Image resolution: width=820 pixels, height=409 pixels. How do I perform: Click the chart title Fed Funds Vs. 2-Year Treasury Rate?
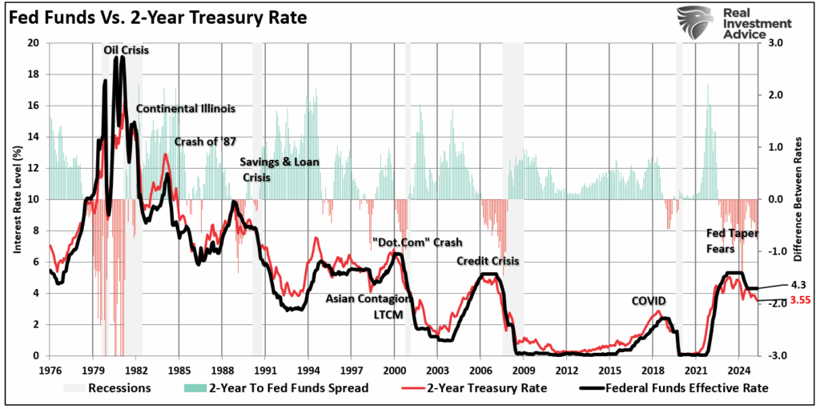[x=158, y=17]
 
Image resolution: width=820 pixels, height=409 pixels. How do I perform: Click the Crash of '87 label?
[x=205, y=141]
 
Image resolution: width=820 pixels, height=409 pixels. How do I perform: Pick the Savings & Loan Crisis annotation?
[x=279, y=168]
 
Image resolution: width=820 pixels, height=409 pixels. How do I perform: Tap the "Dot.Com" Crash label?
[x=417, y=243]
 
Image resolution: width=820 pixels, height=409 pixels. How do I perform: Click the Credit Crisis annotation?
[x=488, y=261]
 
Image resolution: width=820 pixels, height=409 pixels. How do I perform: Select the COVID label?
[x=649, y=300]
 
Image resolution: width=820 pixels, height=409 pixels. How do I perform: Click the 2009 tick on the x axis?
[x=523, y=371]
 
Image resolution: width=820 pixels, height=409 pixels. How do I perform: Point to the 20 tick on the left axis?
[x=34, y=43]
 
